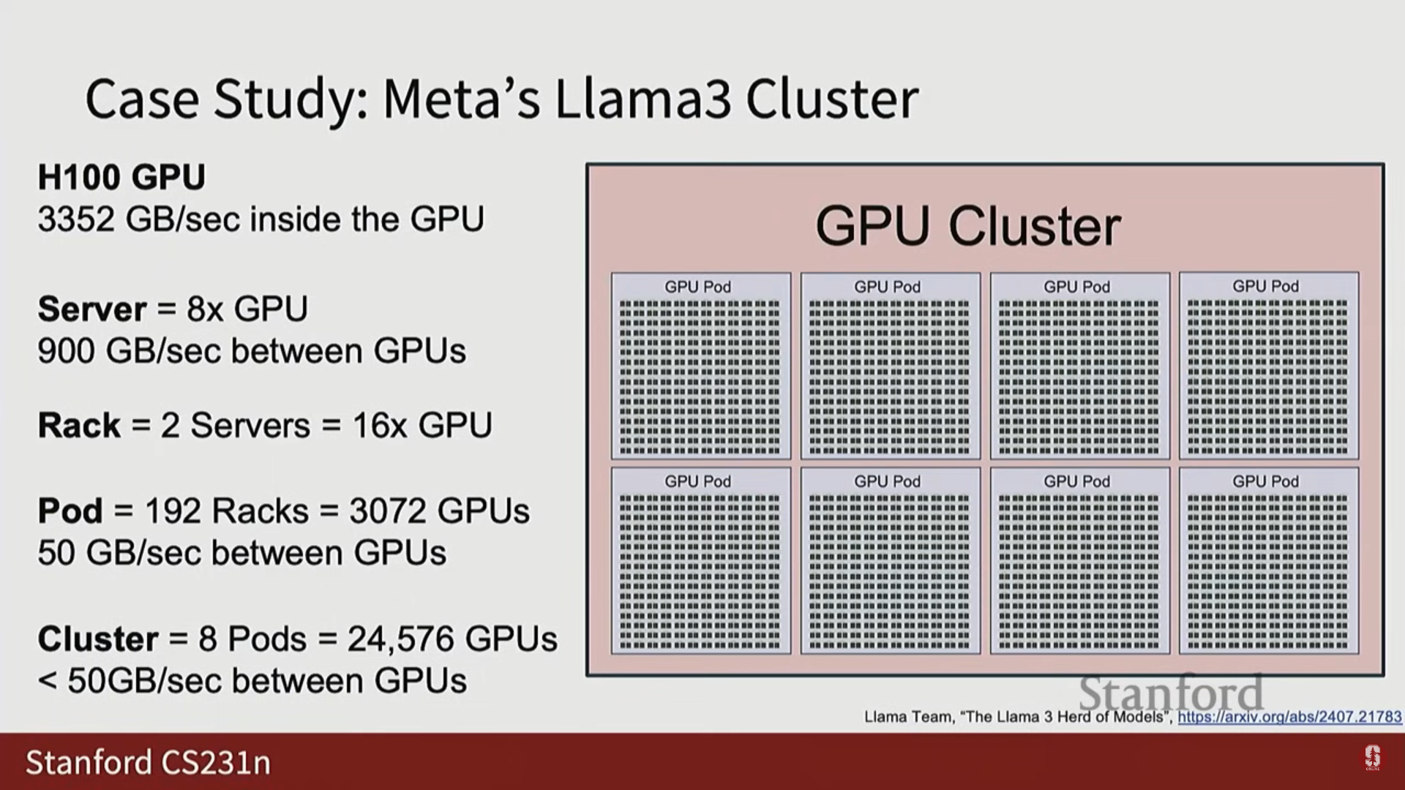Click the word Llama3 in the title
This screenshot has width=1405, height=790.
[x=642, y=99]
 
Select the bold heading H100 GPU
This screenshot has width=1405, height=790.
[x=121, y=178]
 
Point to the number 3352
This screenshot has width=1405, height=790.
[x=76, y=219]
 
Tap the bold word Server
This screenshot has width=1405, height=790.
[x=92, y=309]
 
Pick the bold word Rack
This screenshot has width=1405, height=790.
[x=79, y=426]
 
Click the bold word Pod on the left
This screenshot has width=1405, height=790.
[x=70, y=511]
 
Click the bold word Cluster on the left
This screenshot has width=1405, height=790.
[x=98, y=639]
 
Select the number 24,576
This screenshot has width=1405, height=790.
[x=400, y=639]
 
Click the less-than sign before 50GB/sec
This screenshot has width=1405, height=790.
[x=47, y=682]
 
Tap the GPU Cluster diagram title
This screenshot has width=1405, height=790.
[x=967, y=225]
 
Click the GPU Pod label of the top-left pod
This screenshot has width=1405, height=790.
[x=697, y=287]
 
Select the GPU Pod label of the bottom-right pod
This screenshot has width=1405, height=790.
[x=1265, y=481]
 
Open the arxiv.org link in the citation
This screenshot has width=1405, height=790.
[x=1289, y=717]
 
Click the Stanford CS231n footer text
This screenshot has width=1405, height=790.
[x=148, y=762]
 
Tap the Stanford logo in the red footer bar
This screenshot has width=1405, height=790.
[x=1372, y=758]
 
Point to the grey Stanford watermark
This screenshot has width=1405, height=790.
[x=1171, y=692]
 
